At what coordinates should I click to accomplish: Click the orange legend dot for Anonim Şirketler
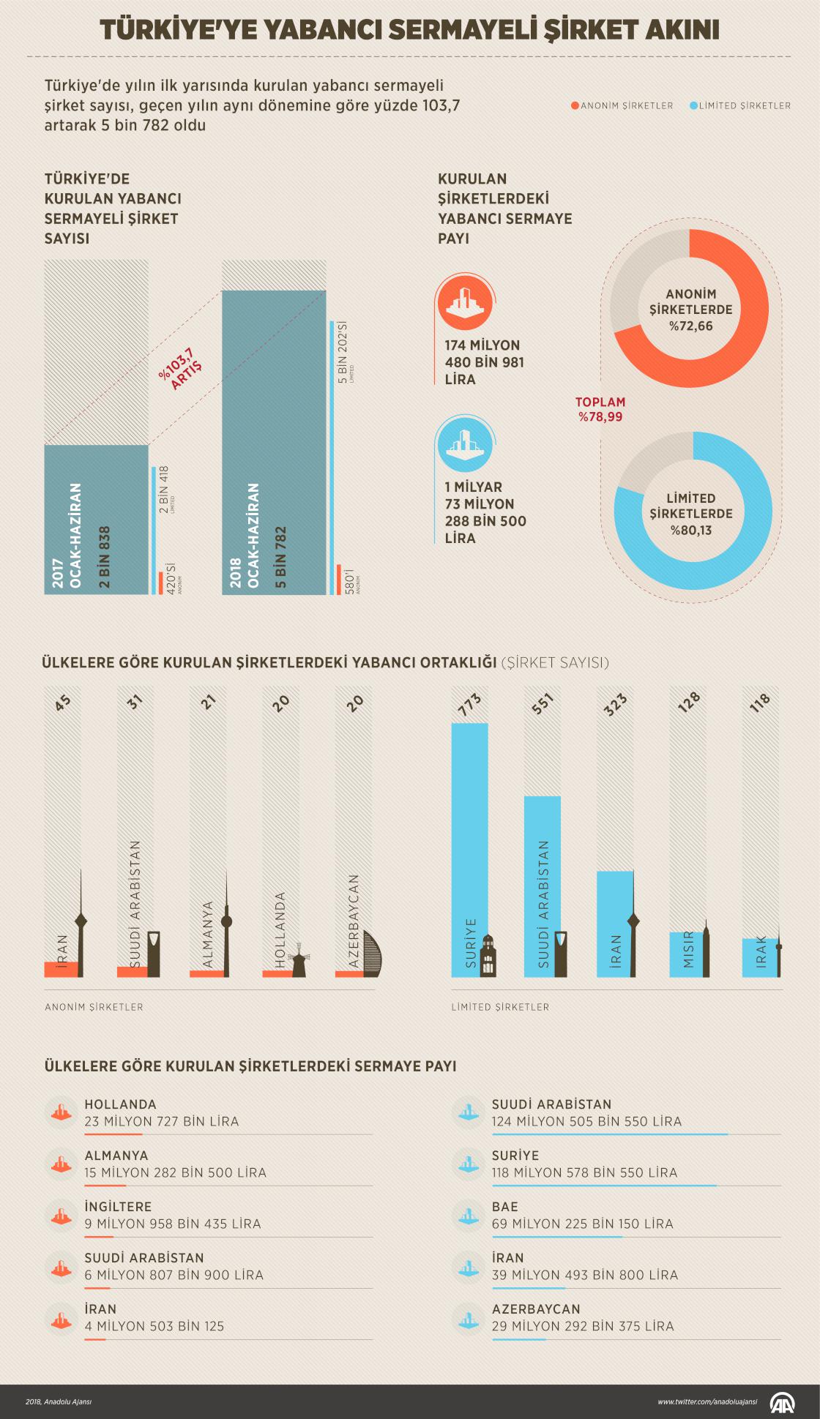point(575,105)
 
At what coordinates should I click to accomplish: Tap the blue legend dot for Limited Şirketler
point(693,105)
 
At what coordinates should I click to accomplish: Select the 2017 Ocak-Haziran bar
point(96,519)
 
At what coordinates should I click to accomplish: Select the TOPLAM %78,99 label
point(600,410)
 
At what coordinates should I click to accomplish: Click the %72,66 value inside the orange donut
point(690,326)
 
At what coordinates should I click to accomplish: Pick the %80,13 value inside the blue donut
point(690,530)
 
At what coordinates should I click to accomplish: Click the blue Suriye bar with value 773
point(469,849)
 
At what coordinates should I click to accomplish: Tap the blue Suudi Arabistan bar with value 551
point(543,886)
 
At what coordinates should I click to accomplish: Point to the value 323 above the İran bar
point(616,705)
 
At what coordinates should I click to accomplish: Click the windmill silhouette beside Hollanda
point(299,963)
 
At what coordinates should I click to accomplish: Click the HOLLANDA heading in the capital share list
point(121,1104)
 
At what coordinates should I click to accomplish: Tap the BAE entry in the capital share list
point(505,1207)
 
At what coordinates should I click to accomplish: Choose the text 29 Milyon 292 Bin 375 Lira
point(583,1326)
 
